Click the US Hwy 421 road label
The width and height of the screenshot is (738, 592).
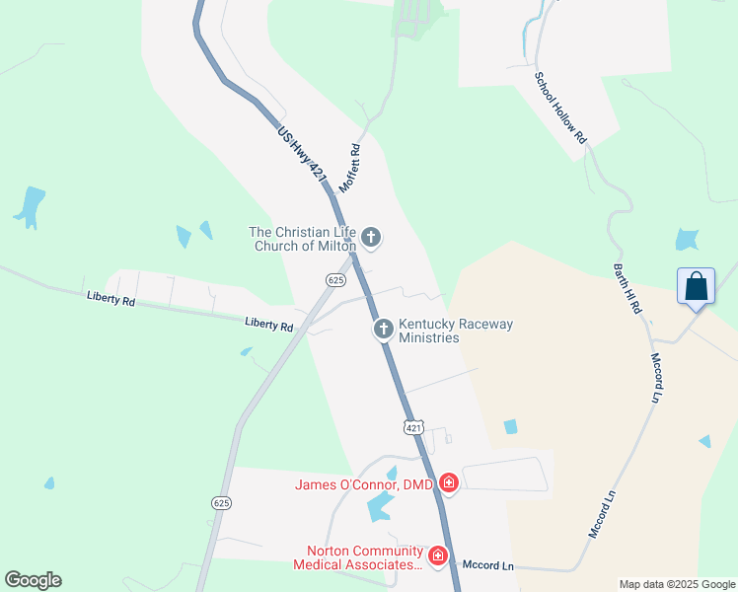[x=302, y=153]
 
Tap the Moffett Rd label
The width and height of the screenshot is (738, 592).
[x=350, y=169]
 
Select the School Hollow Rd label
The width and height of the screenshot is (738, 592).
[x=561, y=109]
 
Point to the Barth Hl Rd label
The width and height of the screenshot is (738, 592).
[x=627, y=289]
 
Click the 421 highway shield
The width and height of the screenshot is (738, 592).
[x=413, y=426]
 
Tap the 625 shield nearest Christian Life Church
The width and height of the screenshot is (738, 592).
[x=336, y=280]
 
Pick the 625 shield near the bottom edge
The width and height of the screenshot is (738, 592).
[x=221, y=503]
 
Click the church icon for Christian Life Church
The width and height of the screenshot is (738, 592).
[x=371, y=237]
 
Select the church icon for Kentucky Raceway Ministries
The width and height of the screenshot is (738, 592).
[x=384, y=330]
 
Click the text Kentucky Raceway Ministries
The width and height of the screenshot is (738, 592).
[x=455, y=331]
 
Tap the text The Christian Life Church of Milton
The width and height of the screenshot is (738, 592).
[x=303, y=239]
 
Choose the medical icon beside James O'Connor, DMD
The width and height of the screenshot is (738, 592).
[x=449, y=482]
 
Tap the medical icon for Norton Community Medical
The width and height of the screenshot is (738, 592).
[x=437, y=557]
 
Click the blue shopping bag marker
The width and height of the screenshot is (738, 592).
[x=697, y=287]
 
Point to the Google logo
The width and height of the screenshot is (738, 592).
[x=33, y=580]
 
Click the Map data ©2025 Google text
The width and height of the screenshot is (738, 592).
[x=676, y=584]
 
